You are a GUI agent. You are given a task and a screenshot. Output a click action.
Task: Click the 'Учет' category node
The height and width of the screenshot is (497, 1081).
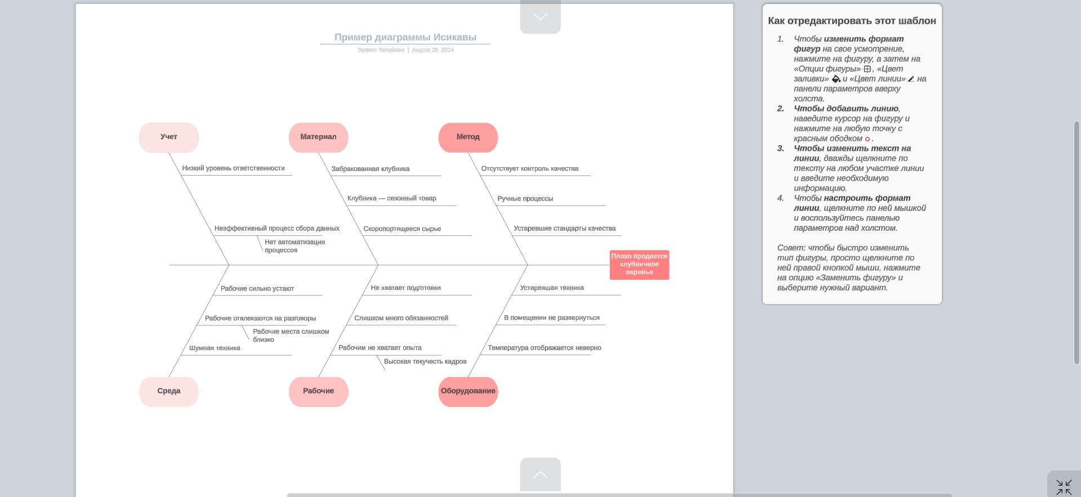pos(169,137)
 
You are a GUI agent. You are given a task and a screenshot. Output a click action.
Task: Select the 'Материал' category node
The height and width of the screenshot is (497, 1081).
pos(318,137)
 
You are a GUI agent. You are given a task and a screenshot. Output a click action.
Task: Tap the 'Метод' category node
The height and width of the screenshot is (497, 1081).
pos(468,137)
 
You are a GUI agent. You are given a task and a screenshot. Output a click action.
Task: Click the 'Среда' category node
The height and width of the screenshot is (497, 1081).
pos(169,391)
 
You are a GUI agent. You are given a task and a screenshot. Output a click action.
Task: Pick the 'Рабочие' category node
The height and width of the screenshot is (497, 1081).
pos(318,391)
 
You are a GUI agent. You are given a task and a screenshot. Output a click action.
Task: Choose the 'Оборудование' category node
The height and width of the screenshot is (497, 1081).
pos(468,391)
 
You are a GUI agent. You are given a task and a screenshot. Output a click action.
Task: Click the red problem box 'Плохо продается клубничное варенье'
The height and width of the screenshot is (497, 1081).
pos(639,265)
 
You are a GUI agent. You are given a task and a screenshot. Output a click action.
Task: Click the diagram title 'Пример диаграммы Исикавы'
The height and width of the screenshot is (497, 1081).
pos(405,37)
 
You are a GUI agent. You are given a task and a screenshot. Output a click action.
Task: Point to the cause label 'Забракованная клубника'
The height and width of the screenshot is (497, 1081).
pos(370,169)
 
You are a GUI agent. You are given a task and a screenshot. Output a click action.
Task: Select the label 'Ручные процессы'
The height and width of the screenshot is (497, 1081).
pos(525,199)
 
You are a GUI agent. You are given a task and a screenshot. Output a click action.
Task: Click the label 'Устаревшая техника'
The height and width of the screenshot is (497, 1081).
pos(552,288)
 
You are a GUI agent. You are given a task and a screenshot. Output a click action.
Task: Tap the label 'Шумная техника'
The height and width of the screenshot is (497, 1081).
pos(215,348)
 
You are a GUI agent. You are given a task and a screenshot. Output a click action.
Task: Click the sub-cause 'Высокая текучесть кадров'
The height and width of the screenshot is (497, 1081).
pos(425,361)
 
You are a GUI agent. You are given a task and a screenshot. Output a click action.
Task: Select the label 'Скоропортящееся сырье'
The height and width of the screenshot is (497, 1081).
pos(402,229)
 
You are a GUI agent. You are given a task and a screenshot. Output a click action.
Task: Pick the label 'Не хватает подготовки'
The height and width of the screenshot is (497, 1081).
pos(405,288)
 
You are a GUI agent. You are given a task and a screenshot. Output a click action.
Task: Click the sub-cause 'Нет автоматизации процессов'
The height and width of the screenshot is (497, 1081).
pos(294,246)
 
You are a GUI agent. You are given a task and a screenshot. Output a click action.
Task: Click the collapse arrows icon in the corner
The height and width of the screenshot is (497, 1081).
pos(1064,487)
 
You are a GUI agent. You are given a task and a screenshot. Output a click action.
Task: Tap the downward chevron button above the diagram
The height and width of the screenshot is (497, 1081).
pos(540,17)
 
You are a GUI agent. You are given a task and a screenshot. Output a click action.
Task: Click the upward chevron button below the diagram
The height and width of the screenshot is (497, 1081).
pos(540,474)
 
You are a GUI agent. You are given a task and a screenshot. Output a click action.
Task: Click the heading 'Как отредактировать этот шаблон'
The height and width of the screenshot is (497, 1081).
pos(852,21)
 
